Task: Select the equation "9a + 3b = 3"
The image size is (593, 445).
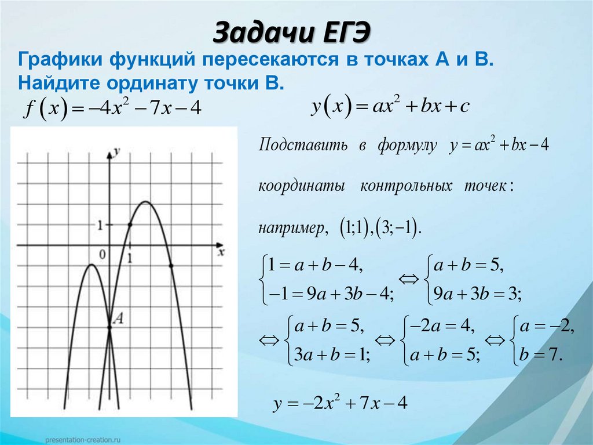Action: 474,295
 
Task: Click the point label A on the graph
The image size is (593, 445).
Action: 119,317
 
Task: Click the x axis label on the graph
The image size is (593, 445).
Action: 221,252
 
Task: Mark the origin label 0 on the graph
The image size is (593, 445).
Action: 103,254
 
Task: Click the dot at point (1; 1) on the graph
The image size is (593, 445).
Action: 130,225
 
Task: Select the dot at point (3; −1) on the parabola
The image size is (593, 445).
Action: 171,266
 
